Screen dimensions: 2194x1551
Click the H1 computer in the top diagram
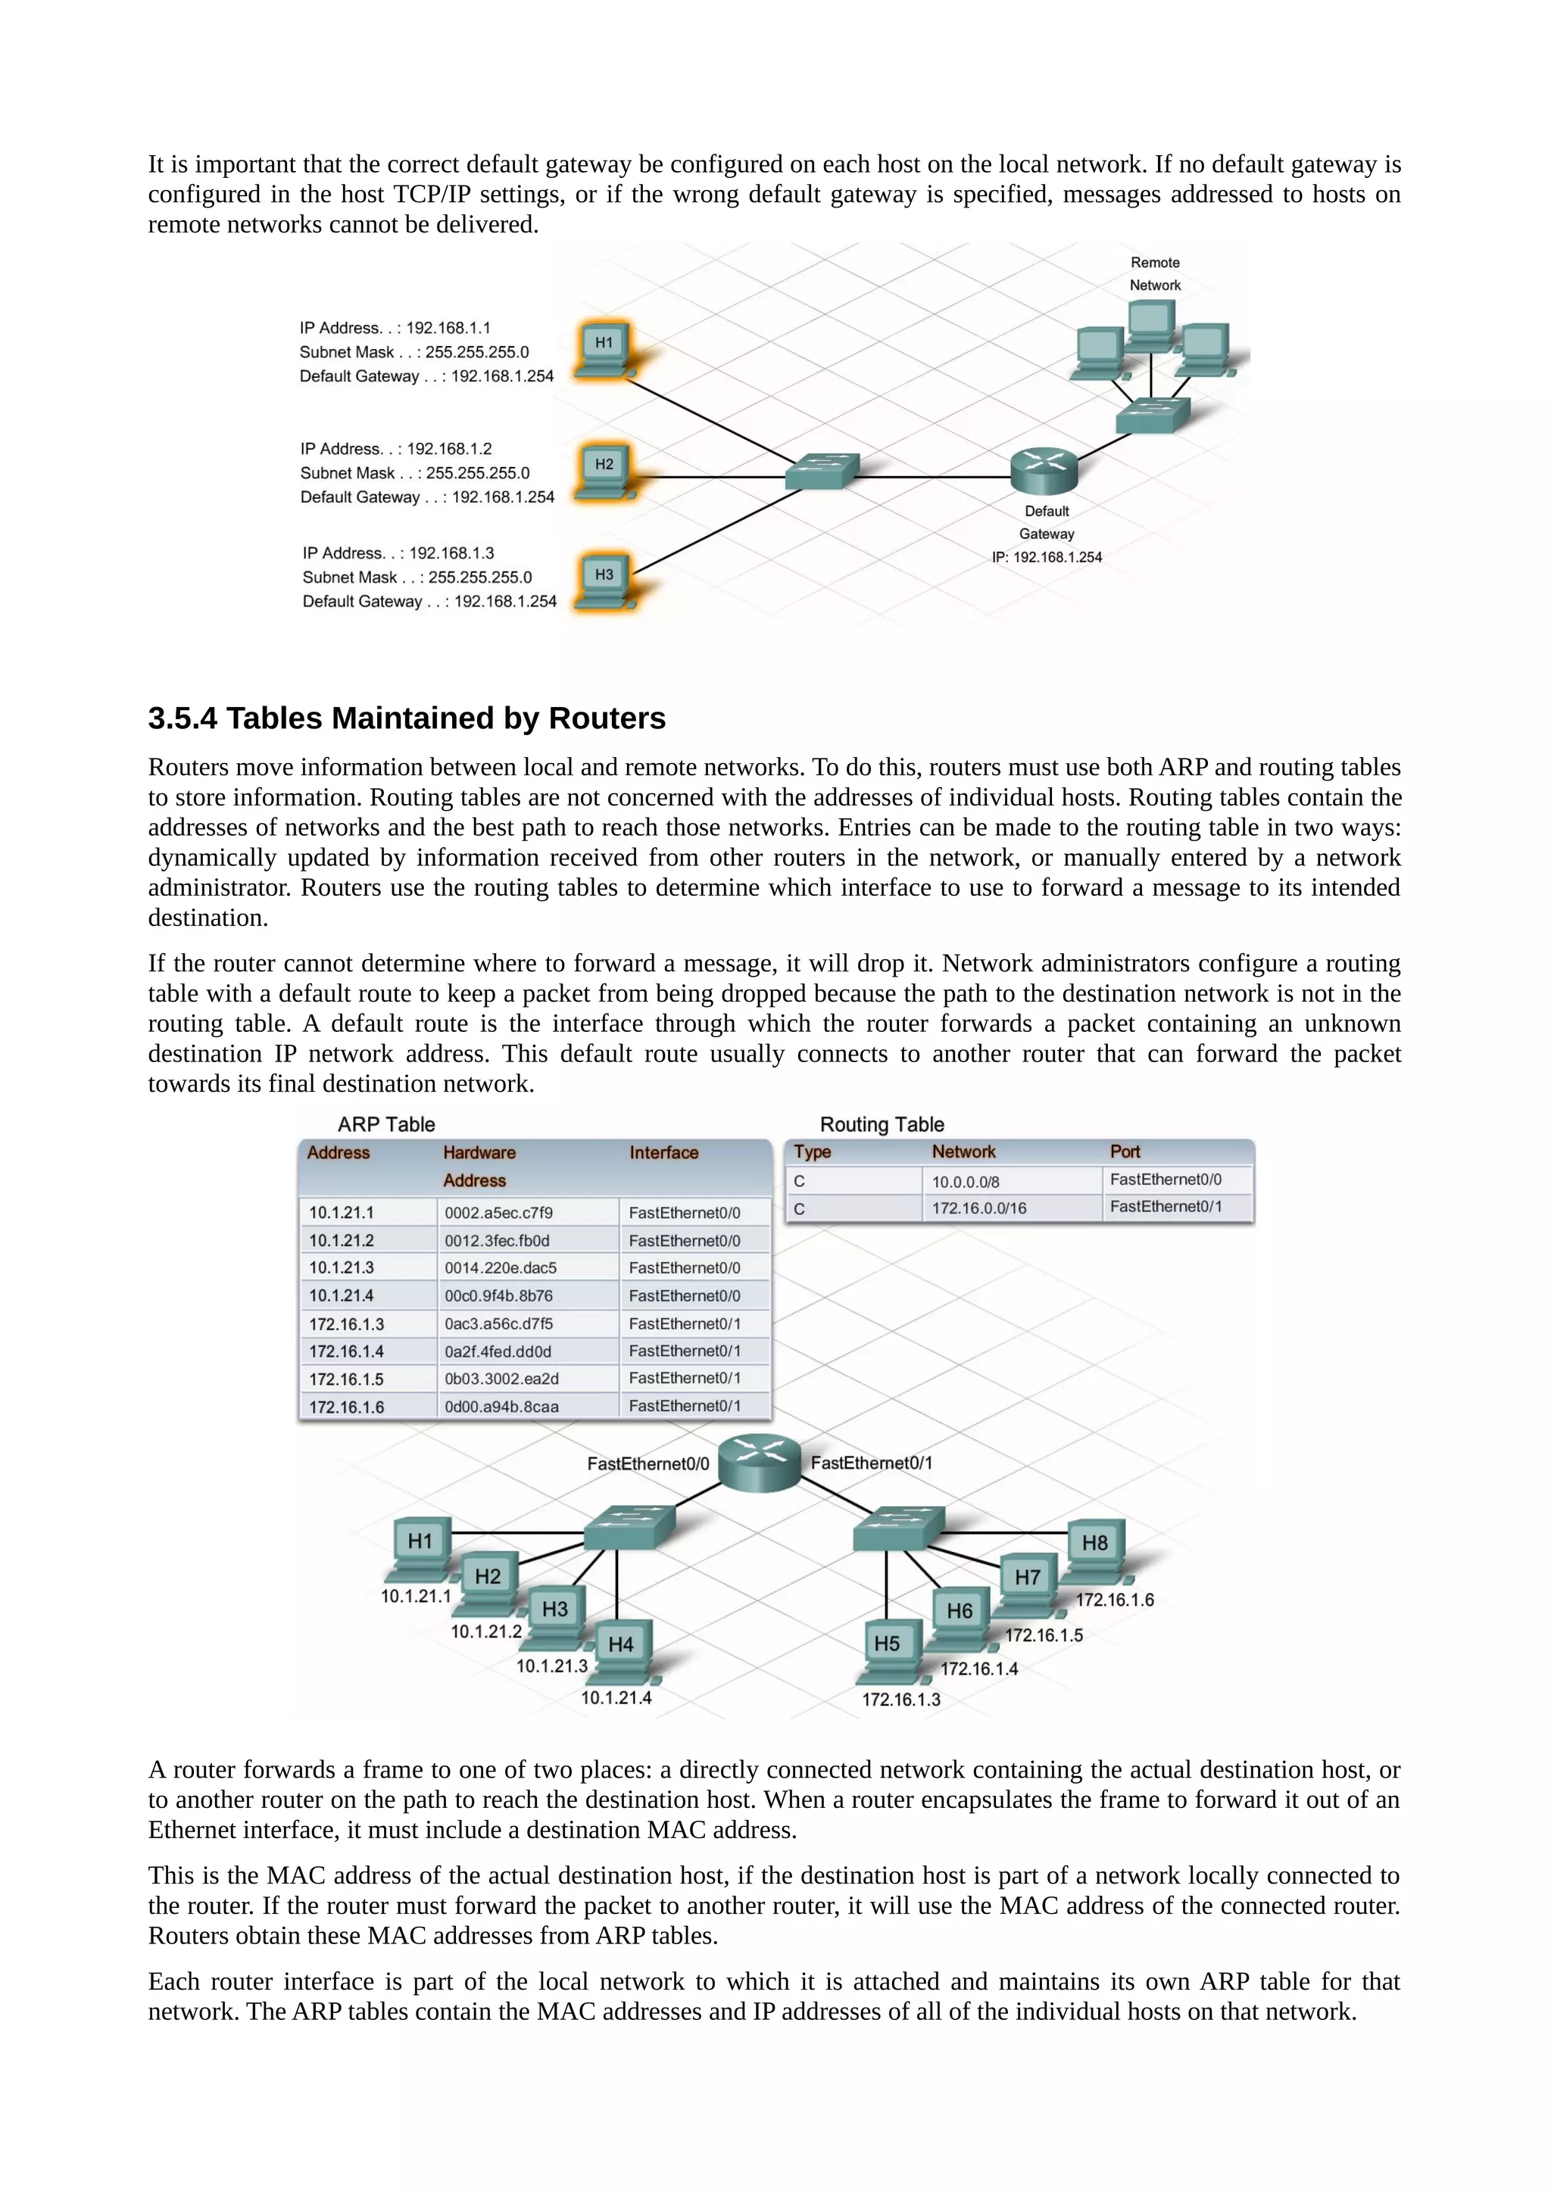click(604, 349)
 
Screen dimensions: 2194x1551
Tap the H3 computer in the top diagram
click(604, 580)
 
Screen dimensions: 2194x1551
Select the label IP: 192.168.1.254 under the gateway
click(1047, 557)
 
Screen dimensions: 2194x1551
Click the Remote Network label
click(1154, 273)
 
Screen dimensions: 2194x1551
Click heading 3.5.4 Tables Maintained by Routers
click(406, 718)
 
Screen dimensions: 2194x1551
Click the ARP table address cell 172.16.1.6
click(346, 1407)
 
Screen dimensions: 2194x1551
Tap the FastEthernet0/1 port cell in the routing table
click(1165, 1207)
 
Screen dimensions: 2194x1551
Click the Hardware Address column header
click(479, 1166)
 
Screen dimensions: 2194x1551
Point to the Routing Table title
click(881, 1125)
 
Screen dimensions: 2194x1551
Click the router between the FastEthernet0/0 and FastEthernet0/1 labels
click(759, 1462)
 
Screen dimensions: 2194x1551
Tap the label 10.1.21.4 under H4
click(616, 1698)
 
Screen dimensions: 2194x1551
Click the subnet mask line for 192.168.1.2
click(415, 473)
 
